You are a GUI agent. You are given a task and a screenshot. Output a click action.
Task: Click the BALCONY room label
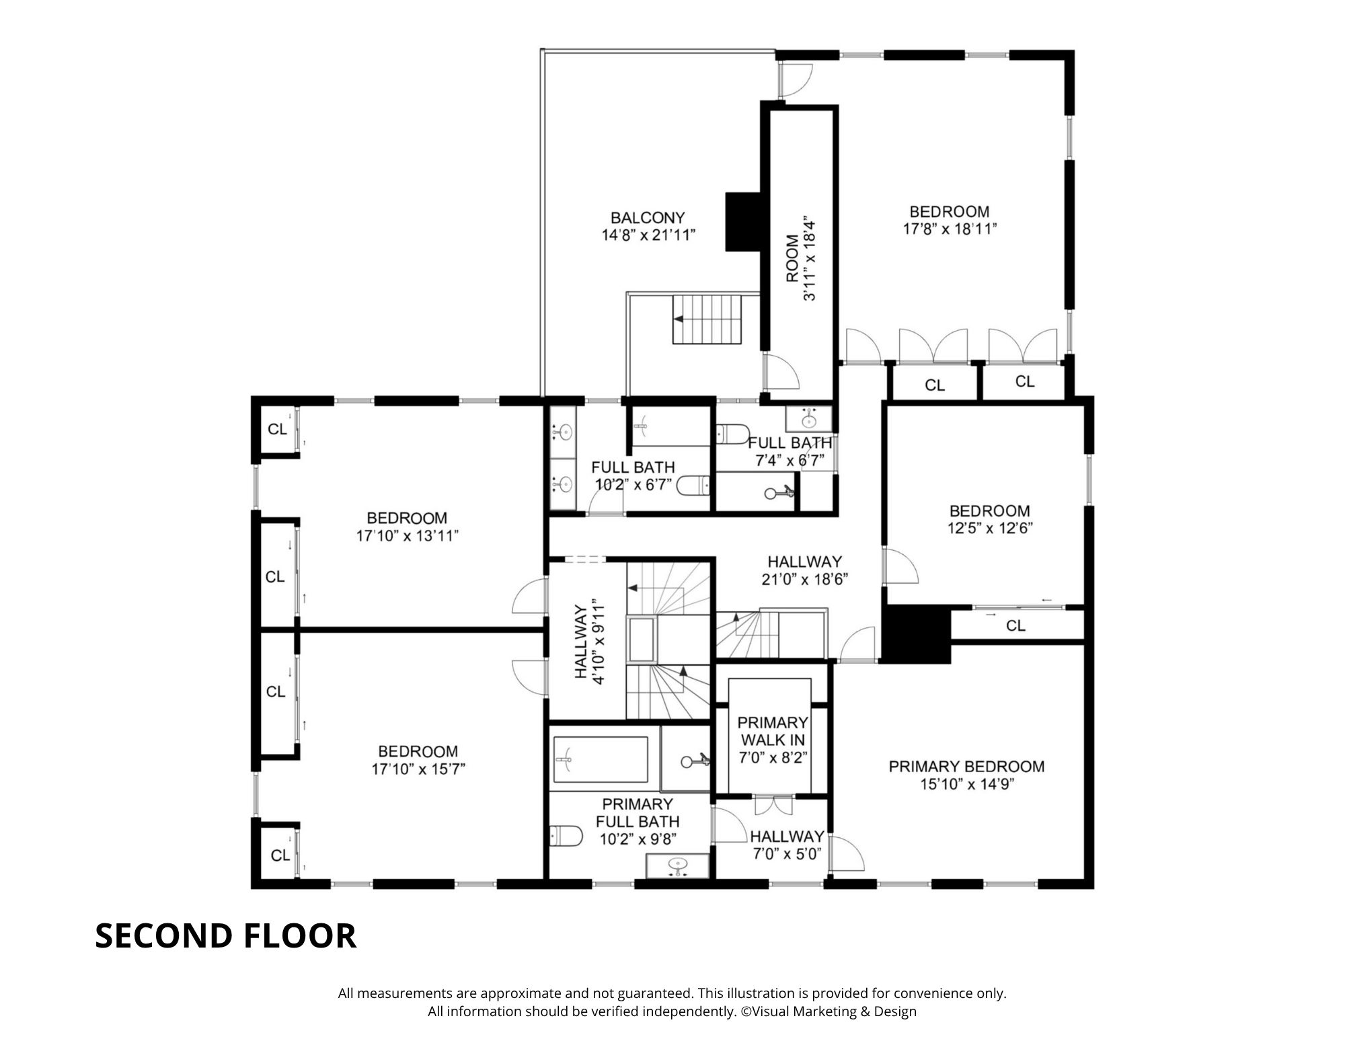point(648,218)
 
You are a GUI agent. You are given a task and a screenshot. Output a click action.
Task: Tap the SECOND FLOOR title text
point(225,935)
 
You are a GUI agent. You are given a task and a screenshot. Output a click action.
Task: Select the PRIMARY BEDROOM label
point(966,767)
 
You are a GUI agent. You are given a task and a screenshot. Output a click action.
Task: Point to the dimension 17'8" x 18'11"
point(950,229)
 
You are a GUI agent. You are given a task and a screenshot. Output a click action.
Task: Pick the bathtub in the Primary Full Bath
point(600,760)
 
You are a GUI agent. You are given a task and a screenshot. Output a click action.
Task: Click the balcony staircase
point(707,319)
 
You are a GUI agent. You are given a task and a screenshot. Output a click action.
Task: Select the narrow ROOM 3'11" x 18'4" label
point(800,259)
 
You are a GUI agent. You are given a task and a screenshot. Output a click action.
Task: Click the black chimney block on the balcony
point(742,222)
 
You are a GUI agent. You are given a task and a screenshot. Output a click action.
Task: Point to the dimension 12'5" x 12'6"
point(990,529)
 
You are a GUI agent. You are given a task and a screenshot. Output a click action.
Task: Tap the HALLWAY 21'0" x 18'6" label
point(805,570)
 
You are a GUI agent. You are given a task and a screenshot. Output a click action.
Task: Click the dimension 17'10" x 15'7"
point(418,769)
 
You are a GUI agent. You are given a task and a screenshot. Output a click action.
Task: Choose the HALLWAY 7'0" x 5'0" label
point(787,845)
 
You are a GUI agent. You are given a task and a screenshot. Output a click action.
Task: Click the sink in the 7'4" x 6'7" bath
point(809,420)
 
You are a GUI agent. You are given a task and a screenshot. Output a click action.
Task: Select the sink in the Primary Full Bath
point(678,864)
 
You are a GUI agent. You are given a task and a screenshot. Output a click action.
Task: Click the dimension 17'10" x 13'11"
point(408,536)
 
